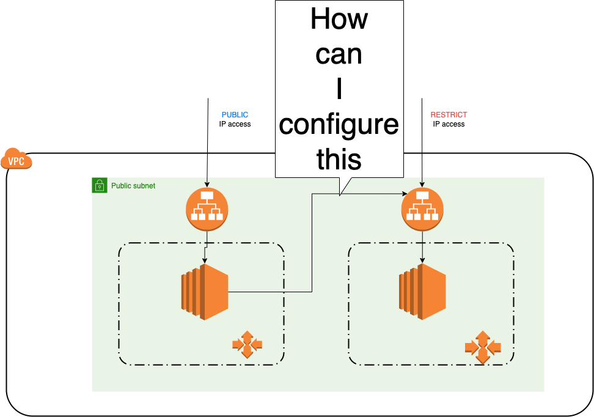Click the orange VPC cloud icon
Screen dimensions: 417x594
16,160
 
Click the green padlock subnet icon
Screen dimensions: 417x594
100,185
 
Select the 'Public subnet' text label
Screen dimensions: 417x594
133,185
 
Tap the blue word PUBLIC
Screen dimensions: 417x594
235,115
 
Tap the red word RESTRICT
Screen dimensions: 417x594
449,115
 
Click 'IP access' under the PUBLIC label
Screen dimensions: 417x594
235,124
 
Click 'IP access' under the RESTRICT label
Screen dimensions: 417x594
449,124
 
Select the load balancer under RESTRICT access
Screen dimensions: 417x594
422,209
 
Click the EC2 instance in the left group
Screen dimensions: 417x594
205,292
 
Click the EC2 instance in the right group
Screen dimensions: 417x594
422,292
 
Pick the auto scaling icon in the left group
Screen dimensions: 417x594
247,345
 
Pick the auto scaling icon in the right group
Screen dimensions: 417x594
483,347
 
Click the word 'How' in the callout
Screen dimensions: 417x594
339,19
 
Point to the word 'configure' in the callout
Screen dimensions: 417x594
339,125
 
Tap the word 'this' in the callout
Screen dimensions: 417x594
339,159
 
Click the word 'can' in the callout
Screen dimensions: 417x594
339,54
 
